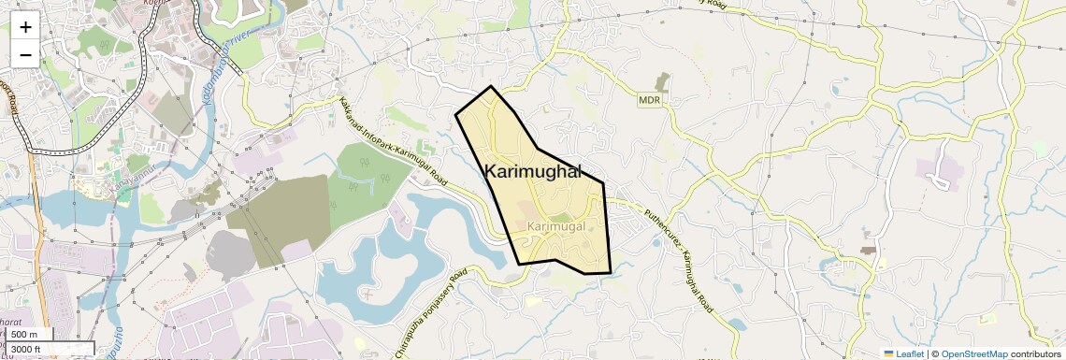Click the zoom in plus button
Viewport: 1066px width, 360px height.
[x=25, y=26]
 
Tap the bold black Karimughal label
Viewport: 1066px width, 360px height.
[x=533, y=171]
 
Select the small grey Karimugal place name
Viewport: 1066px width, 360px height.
[x=555, y=227]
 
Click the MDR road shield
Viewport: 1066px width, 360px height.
[x=649, y=99]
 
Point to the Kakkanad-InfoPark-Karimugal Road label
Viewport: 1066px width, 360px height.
[x=393, y=141]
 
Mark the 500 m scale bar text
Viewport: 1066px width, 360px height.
[x=24, y=334]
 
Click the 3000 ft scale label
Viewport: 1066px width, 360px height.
[x=28, y=350]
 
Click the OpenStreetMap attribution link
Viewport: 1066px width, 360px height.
[x=973, y=353]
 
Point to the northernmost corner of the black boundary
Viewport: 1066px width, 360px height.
[x=491, y=86]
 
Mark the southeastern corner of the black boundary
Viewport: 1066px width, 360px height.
[x=611, y=273]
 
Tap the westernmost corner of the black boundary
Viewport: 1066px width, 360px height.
[x=455, y=114]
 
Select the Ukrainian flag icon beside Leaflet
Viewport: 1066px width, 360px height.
[x=889, y=353]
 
